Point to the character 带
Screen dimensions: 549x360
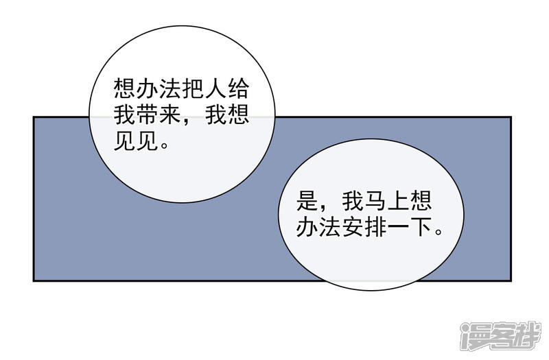[148, 115]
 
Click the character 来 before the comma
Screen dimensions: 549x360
[171, 115]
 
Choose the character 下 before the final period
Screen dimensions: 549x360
[421, 227]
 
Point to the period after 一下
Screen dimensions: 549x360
[438, 232]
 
